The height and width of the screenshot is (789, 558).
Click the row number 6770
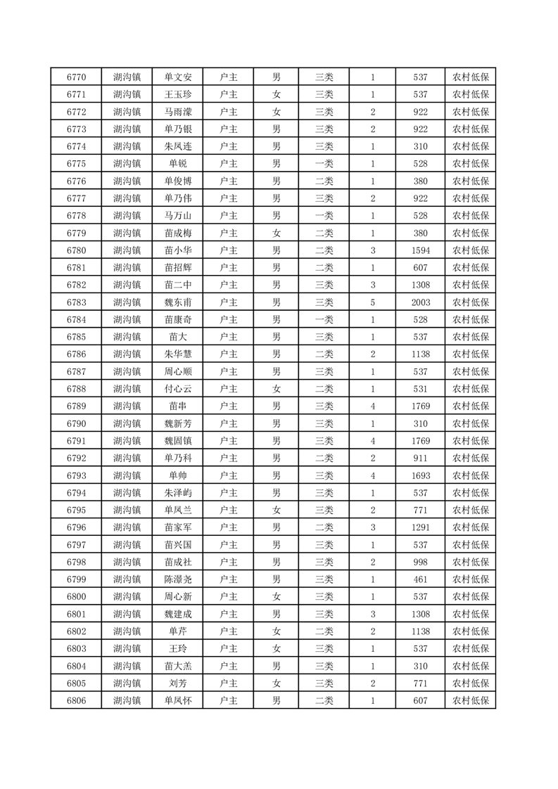pyautogui.click(x=76, y=77)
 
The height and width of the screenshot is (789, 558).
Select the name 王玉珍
pyautogui.click(x=178, y=95)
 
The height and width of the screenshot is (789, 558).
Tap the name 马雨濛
pyautogui.click(x=178, y=112)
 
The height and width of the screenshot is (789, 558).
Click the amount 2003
pyautogui.click(x=420, y=302)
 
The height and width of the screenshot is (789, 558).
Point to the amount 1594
pyautogui.click(x=420, y=250)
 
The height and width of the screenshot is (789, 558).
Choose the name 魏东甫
pyautogui.click(x=178, y=302)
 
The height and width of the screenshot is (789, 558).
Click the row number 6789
pyautogui.click(x=76, y=406)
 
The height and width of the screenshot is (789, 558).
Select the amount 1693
pyautogui.click(x=420, y=475)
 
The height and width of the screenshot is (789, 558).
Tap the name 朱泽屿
pyautogui.click(x=178, y=492)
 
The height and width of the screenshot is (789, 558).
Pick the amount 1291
pyautogui.click(x=420, y=527)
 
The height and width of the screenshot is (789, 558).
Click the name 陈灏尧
pyautogui.click(x=178, y=579)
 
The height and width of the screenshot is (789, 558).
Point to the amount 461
pyautogui.click(x=420, y=579)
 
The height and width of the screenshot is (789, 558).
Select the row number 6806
pyautogui.click(x=76, y=700)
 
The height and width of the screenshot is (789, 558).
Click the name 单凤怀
pyautogui.click(x=178, y=700)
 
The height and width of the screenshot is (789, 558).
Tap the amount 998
pyautogui.click(x=420, y=562)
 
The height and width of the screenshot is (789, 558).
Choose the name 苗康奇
pyautogui.click(x=178, y=320)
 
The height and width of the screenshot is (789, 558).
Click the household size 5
pyautogui.click(x=372, y=302)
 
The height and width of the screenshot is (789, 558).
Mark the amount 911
pyautogui.click(x=420, y=458)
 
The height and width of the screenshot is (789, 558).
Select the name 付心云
pyautogui.click(x=178, y=389)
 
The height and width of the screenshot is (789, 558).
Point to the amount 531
pyautogui.click(x=420, y=389)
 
